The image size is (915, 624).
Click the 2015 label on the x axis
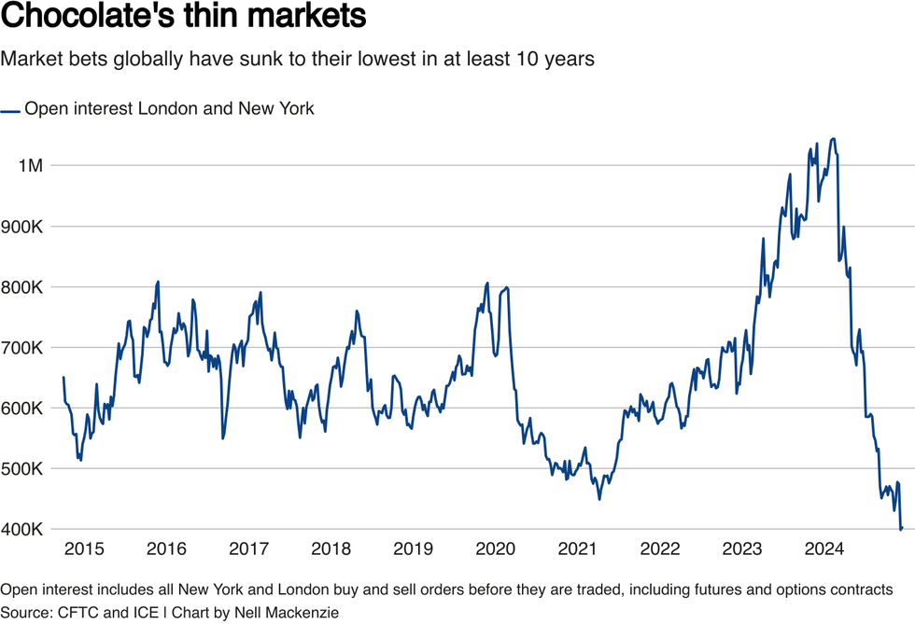[x=84, y=548]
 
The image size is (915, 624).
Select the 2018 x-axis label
[x=331, y=548]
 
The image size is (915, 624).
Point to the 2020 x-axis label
[x=496, y=548]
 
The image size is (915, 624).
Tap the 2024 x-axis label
[x=825, y=548]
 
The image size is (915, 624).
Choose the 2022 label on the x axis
[x=660, y=548]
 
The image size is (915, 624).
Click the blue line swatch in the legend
[x=10, y=110]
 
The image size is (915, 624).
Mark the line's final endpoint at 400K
[x=901, y=529]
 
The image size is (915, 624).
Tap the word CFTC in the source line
[x=81, y=613]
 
